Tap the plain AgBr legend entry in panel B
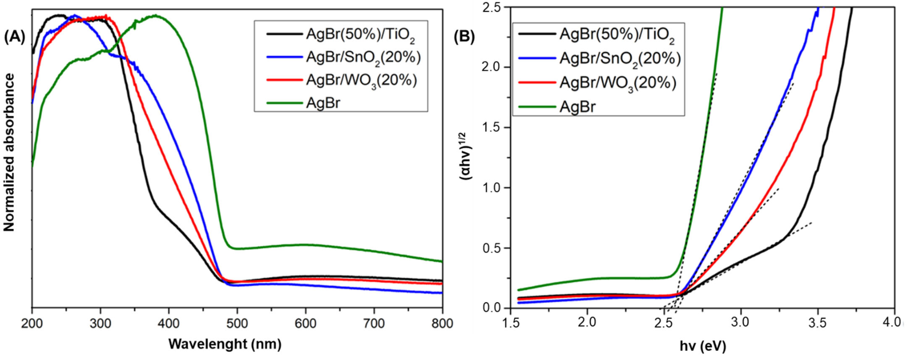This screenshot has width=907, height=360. (x=578, y=106)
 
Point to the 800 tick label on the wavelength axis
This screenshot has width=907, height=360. (x=442, y=323)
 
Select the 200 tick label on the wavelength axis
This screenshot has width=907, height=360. (x=32, y=323)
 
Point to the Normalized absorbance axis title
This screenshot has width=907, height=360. (x=9, y=152)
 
